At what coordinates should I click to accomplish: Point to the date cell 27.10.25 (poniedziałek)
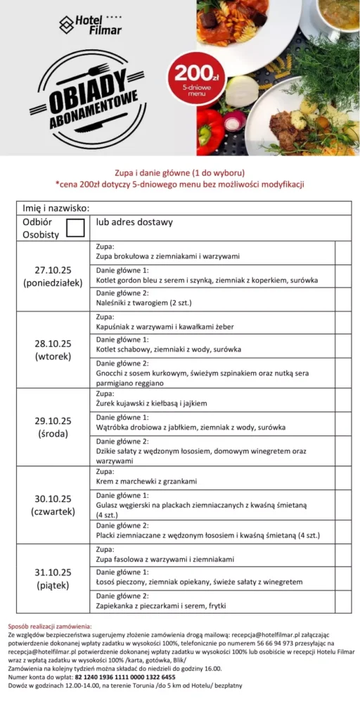(53, 276)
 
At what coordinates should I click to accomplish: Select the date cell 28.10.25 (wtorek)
(53, 349)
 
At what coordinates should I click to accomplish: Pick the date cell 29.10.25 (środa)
(53, 427)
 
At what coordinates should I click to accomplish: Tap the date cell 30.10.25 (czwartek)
(53, 505)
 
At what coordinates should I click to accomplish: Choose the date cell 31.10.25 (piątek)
(53, 578)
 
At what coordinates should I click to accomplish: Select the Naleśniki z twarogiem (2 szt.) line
(144, 303)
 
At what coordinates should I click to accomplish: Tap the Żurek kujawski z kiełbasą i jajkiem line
(161, 404)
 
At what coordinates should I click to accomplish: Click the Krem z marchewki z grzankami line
(146, 482)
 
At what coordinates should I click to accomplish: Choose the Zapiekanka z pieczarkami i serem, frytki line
(161, 605)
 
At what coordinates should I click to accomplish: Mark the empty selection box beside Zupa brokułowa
(343, 252)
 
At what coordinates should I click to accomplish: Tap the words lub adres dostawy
(134, 223)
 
